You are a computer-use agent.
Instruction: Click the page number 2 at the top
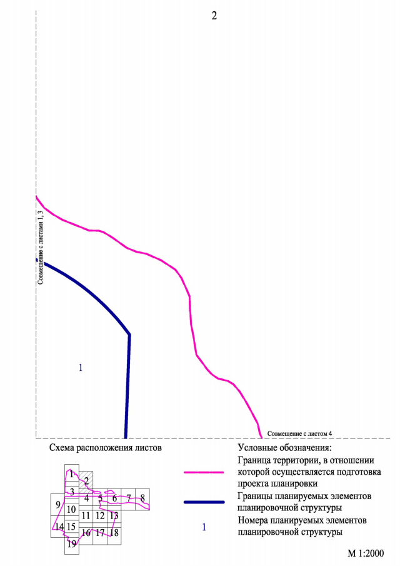click(214, 16)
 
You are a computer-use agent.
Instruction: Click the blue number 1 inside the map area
click(81, 367)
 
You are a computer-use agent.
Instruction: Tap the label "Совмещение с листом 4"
click(299, 433)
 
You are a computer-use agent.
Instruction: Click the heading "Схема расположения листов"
click(104, 448)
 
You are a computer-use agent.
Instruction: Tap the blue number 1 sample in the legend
click(204, 527)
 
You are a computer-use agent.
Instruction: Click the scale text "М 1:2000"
click(366, 553)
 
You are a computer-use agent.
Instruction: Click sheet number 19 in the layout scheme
click(72, 544)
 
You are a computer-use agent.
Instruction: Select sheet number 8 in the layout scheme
click(143, 498)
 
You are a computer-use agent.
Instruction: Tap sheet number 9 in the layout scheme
click(57, 505)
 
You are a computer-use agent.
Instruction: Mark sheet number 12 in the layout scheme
click(100, 515)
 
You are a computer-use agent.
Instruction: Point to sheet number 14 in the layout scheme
click(59, 527)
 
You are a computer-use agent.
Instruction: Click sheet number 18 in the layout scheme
click(114, 533)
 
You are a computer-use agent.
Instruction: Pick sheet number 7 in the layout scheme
click(129, 498)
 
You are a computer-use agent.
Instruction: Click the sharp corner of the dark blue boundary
click(129, 335)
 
